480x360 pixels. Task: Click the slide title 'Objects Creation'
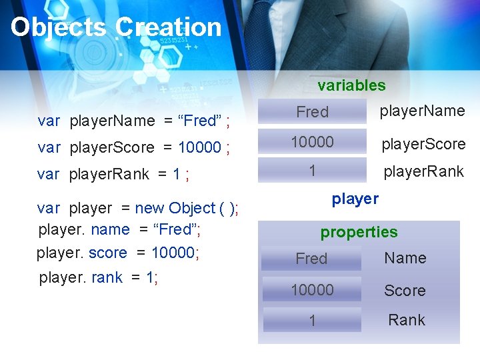coord(116,27)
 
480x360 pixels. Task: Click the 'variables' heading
coord(351,85)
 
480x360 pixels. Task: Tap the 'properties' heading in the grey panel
coord(359,232)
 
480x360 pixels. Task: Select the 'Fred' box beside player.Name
coord(313,112)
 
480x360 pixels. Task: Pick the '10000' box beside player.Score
coord(312,143)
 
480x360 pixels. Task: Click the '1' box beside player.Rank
coord(312,171)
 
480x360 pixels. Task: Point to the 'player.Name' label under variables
coord(422,111)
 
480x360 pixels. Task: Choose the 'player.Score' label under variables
coord(423,144)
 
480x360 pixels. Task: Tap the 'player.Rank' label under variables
coord(423,171)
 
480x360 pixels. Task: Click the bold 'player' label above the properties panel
coord(355,199)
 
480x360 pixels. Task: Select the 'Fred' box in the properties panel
coord(311,259)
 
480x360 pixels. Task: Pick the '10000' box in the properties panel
coord(311,290)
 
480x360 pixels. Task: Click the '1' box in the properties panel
coord(311,321)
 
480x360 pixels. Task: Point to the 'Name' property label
coord(405,258)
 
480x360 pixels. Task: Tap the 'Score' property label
coord(405,291)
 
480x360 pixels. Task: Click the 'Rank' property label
coord(406,320)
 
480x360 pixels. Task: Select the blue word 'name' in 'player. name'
coord(110,230)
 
